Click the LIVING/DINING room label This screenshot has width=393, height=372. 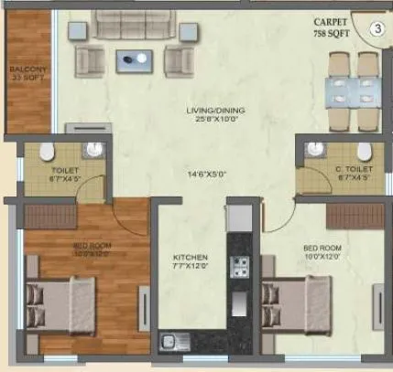click(191, 112)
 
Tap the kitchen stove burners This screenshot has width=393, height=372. click(240, 267)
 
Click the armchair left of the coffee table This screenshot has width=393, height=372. click(90, 60)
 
